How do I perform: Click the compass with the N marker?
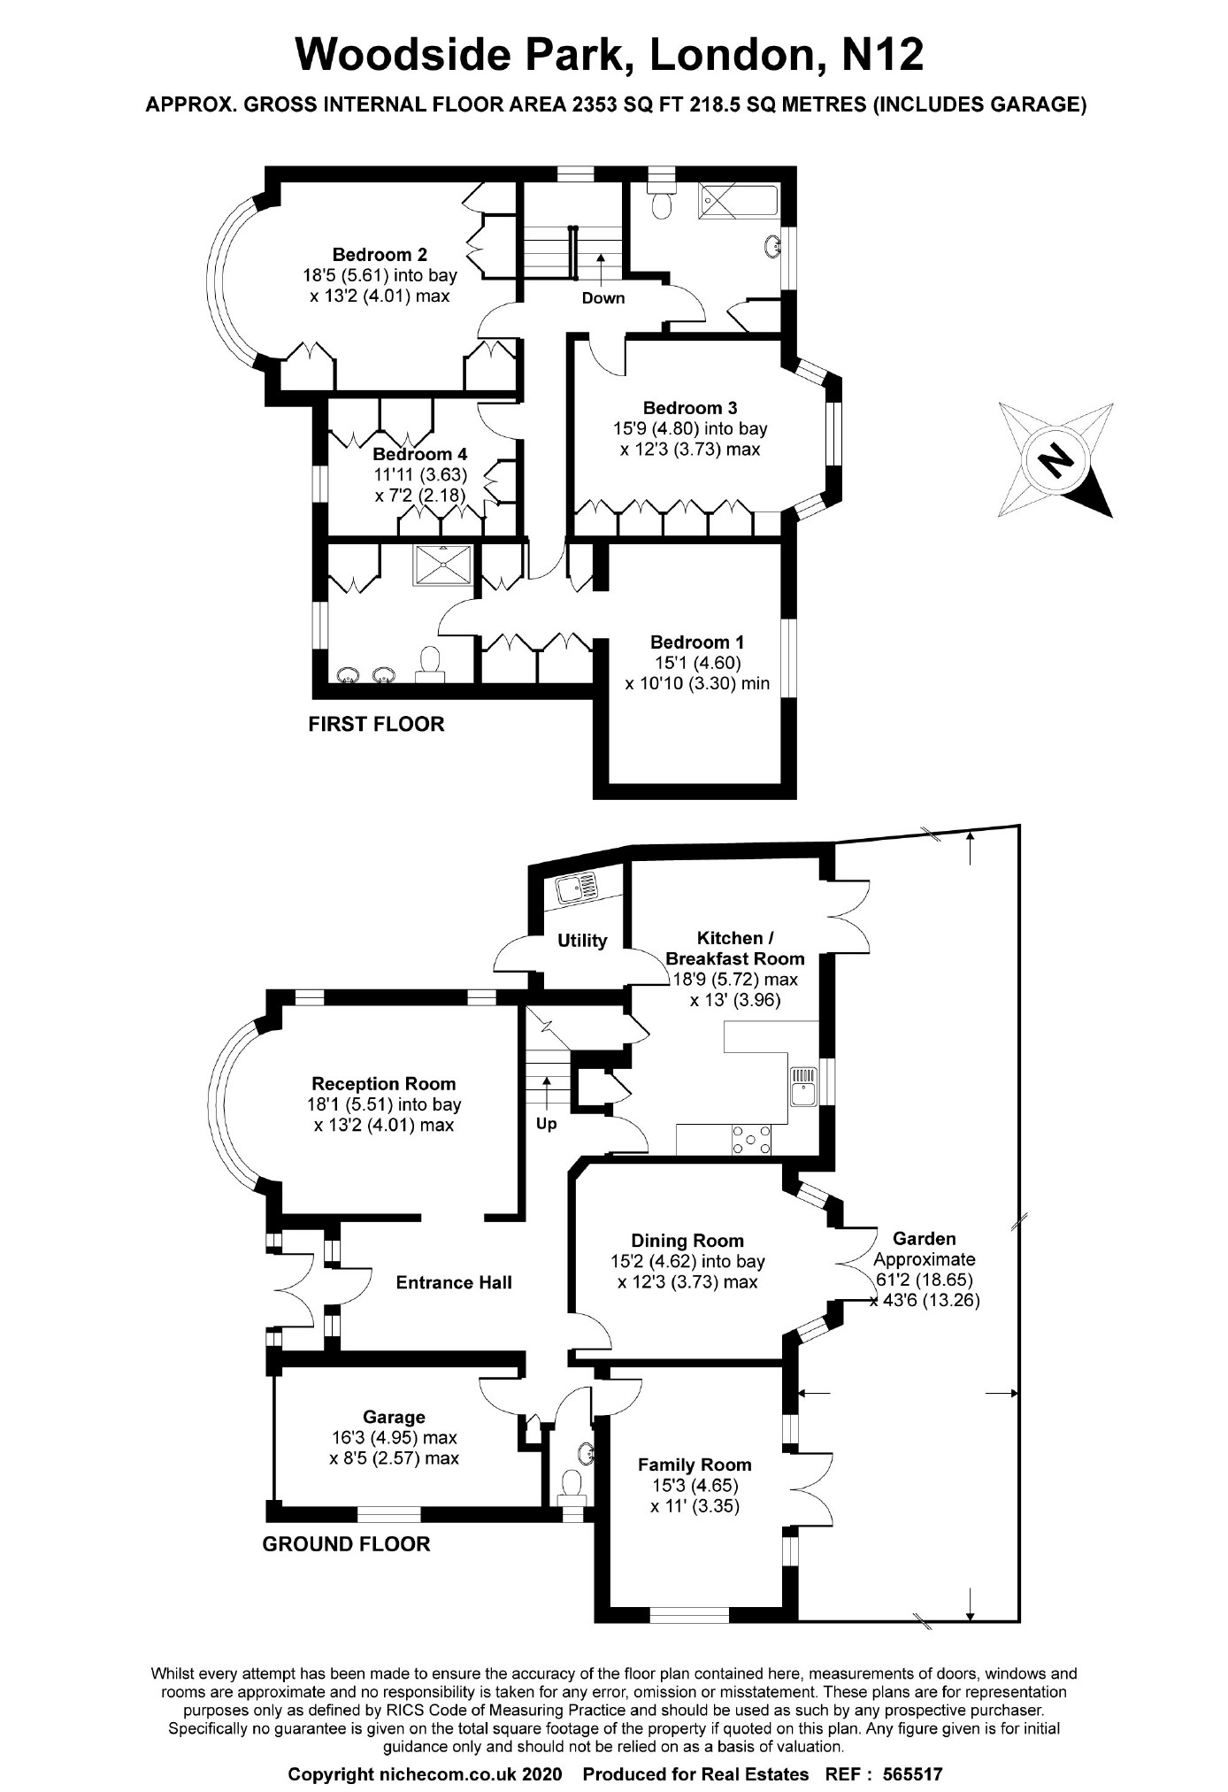pos(1055,459)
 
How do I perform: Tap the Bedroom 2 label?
pos(380,255)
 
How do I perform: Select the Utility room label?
pos(581,941)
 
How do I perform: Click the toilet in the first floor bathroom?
pos(659,204)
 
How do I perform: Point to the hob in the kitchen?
pos(750,1141)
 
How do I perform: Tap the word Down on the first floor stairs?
pos(602,298)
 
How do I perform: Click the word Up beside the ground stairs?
pos(546,1124)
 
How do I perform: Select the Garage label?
pos(394,1417)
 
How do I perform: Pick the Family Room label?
pos(695,1465)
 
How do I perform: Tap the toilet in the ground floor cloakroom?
pos(572,1481)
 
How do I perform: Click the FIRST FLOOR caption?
pos(376,724)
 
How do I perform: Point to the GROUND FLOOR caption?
pos(346,1544)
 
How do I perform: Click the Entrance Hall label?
pos(453,1282)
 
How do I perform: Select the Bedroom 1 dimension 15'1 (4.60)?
pos(696,663)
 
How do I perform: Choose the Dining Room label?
pos(687,1241)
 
